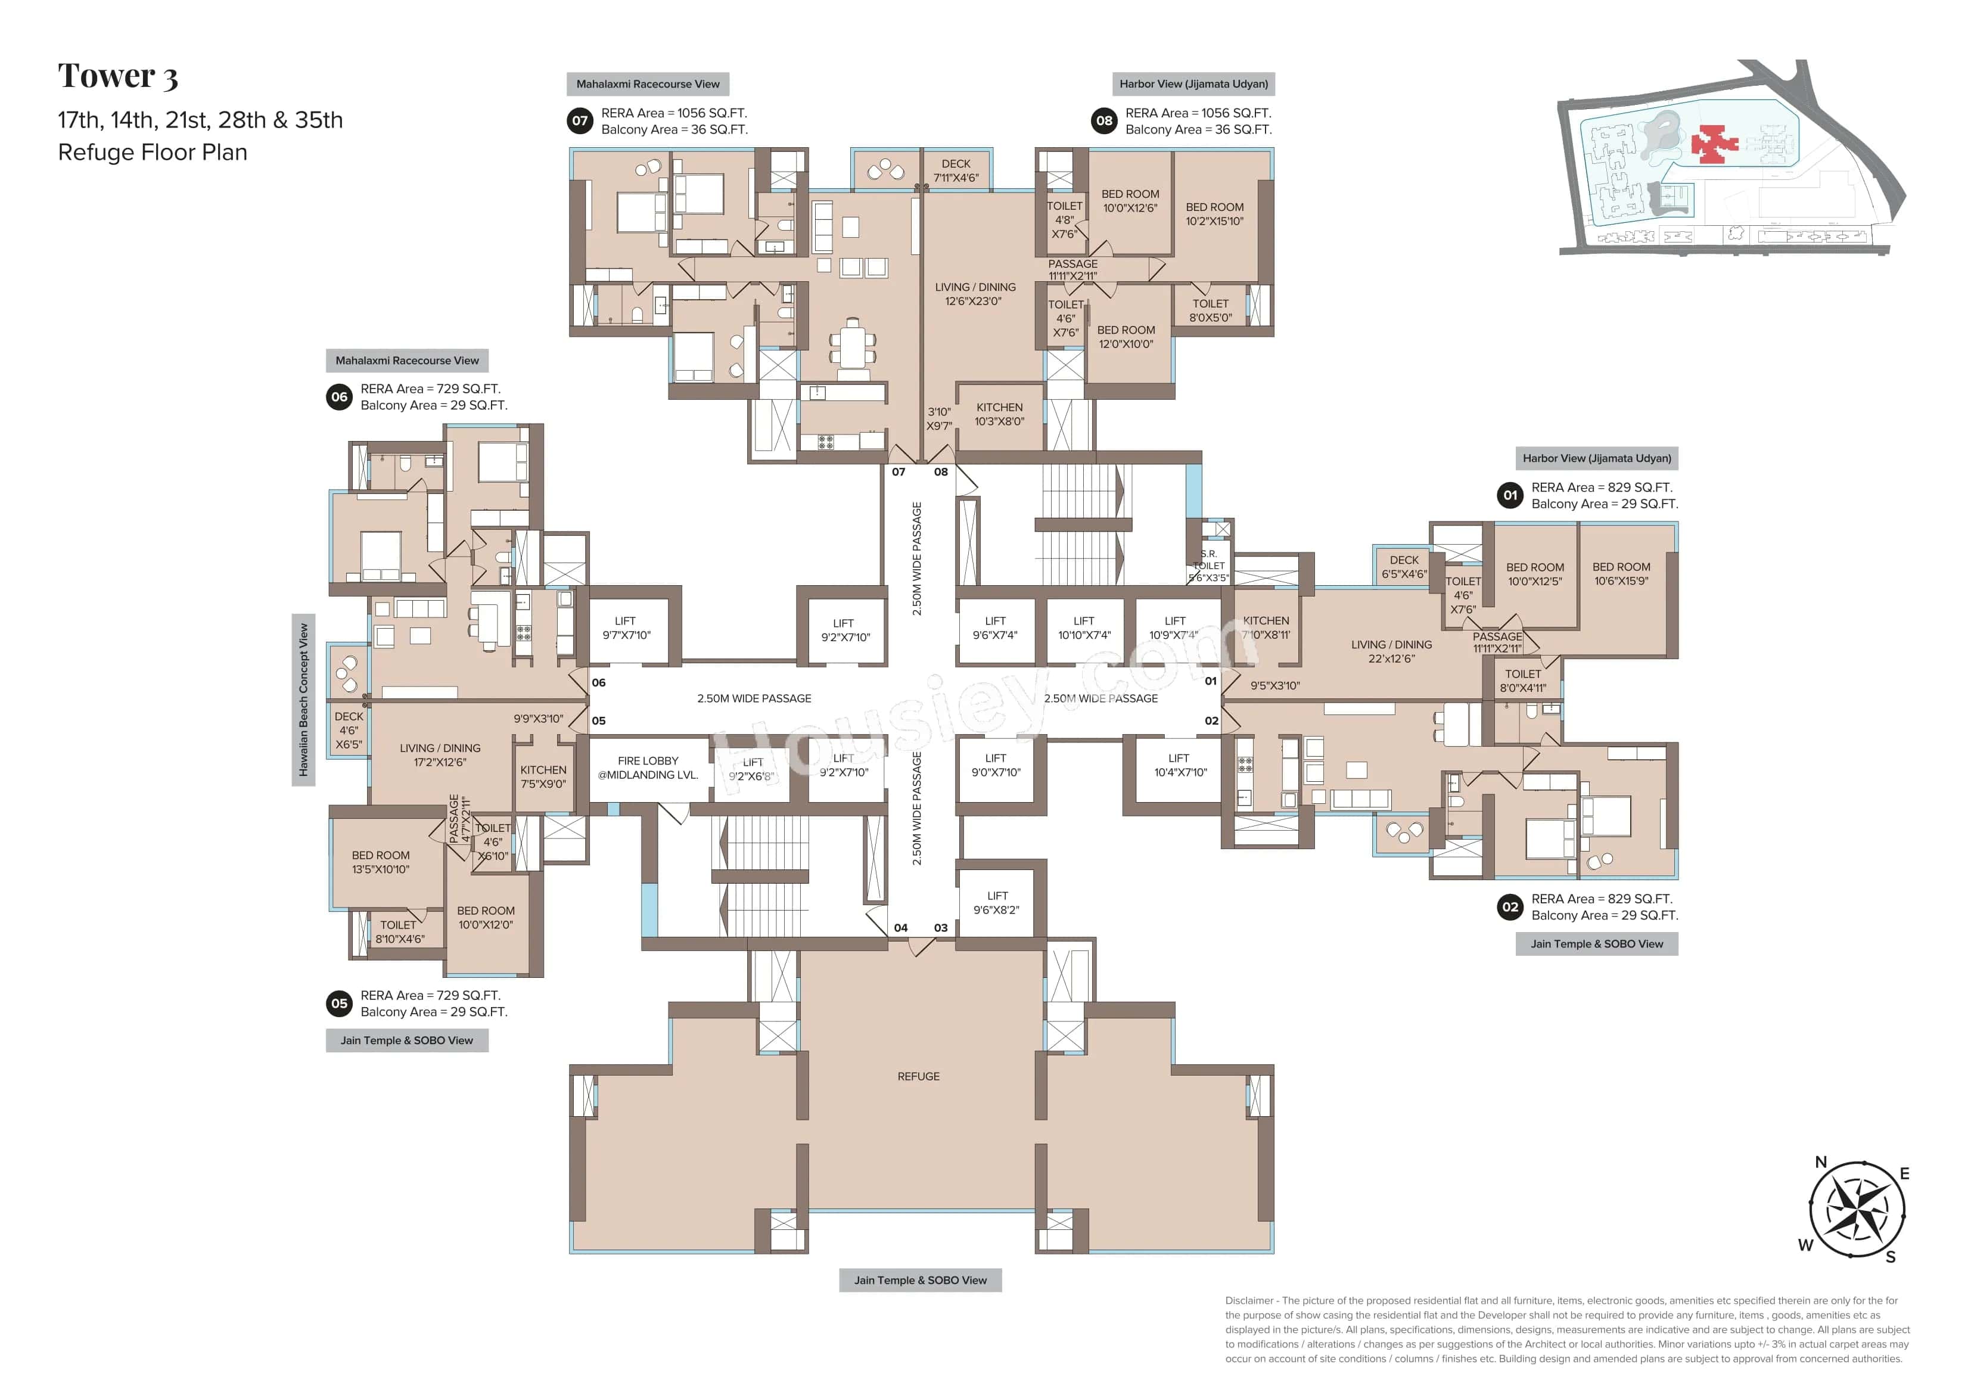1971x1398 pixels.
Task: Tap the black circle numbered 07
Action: [580, 120]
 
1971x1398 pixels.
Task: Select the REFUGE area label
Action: [918, 1076]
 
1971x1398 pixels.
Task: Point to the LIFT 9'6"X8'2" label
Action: [997, 902]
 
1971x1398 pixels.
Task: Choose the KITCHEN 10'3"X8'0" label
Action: [999, 414]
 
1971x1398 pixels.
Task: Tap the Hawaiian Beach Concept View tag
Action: [303, 700]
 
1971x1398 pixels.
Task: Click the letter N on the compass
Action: [1820, 1162]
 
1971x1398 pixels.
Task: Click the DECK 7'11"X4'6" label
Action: [955, 170]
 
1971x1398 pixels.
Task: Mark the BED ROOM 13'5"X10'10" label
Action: [380, 862]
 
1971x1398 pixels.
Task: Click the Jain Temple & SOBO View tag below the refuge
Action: [920, 1280]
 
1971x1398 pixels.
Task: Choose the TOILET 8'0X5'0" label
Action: [1210, 310]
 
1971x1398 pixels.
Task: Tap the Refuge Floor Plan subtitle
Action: [153, 153]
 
